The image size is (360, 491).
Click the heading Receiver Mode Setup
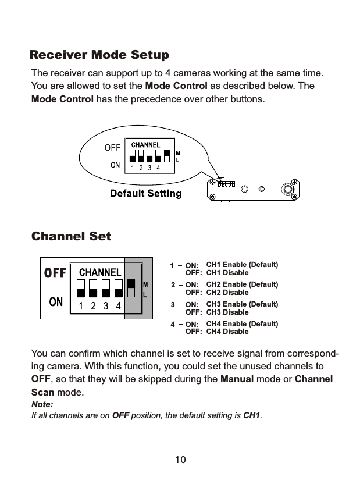point(99,56)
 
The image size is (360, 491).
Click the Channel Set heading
point(70,237)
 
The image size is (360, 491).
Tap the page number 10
point(180,460)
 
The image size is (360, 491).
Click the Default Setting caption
point(145,193)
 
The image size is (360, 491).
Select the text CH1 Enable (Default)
point(242,265)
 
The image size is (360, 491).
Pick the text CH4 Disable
point(227,332)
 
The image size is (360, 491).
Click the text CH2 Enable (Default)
point(242,284)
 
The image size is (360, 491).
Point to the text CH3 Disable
point(227,312)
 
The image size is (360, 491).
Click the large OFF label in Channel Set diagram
point(55,273)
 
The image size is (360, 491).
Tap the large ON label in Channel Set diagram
point(56,301)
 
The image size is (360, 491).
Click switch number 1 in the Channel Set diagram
point(81,288)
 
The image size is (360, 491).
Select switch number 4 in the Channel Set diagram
point(118,288)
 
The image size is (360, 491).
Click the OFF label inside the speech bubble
point(112,147)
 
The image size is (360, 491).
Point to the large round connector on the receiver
point(287,189)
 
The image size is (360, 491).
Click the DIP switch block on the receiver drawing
point(226,184)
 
